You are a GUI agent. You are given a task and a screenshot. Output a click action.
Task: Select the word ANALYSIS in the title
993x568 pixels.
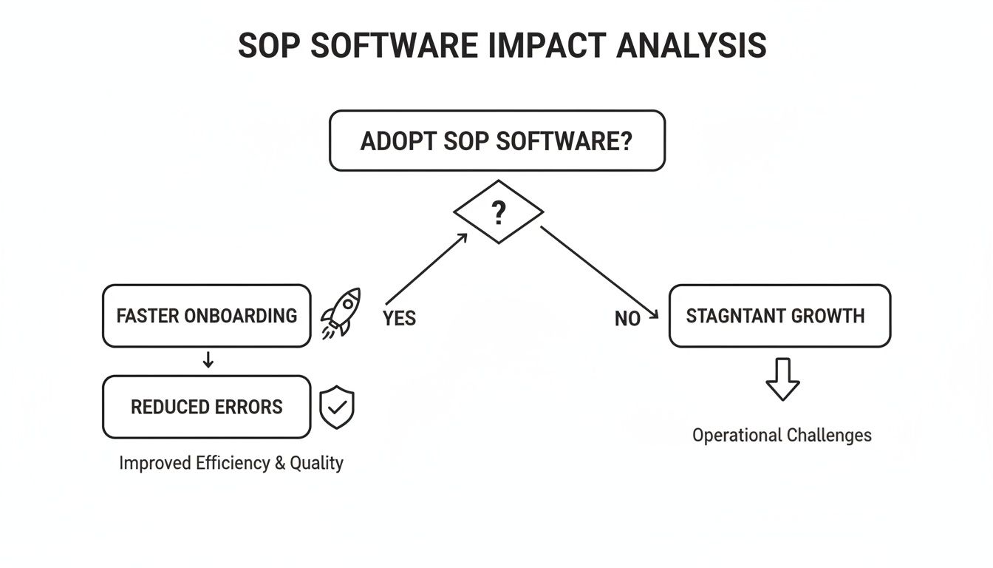click(692, 47)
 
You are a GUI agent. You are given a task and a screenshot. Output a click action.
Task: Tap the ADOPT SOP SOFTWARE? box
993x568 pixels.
click(496, 141)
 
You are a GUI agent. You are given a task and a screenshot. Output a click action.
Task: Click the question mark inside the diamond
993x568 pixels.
click(499, 213)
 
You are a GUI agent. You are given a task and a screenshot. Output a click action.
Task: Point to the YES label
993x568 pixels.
click(400, 319)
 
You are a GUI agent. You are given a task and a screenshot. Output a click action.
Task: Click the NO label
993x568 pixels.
click(627, 319)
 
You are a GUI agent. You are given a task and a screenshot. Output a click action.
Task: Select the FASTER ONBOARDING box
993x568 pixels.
click(206, 316)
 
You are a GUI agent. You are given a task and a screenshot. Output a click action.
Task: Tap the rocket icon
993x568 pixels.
click(341, 313)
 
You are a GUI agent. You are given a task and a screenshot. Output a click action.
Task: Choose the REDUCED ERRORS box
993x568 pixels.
click(206, 407)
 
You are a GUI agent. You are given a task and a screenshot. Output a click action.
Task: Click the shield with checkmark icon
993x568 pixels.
click(337, 408)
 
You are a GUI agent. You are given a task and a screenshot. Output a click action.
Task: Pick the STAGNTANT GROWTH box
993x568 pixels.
click(779, 316)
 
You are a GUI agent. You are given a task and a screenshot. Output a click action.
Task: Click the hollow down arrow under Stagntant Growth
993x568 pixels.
click(782, 379)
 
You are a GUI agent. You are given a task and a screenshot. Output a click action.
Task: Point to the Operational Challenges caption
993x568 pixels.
click(782, 435)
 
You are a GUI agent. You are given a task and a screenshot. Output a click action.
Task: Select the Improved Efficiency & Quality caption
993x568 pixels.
click(231, 463)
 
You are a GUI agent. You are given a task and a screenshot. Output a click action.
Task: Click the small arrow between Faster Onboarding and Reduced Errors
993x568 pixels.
click(208, 360)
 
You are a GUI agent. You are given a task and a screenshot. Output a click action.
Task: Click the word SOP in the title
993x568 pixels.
click(268, 47)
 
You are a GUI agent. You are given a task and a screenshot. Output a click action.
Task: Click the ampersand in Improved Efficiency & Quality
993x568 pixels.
click(279, 464)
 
